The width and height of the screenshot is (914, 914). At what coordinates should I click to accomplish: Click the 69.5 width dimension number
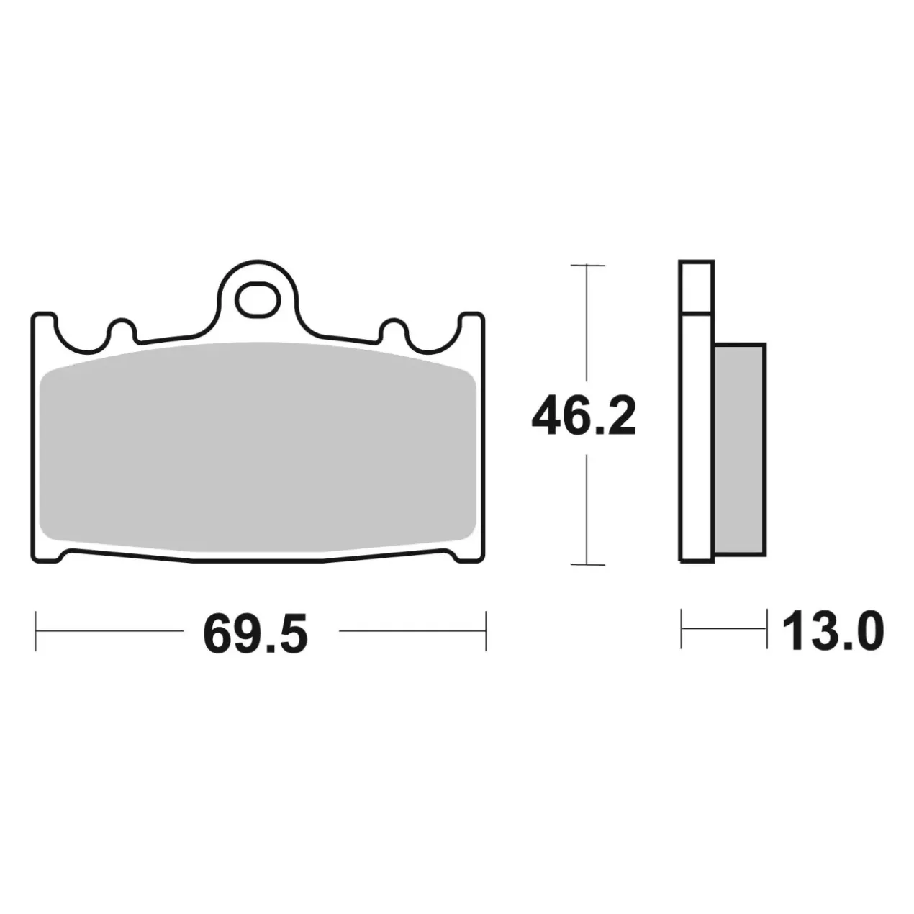pos(255,633)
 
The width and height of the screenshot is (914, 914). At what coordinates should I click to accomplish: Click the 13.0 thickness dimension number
pos(833,631)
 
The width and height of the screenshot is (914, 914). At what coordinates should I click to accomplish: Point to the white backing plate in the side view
pos(696,411)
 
